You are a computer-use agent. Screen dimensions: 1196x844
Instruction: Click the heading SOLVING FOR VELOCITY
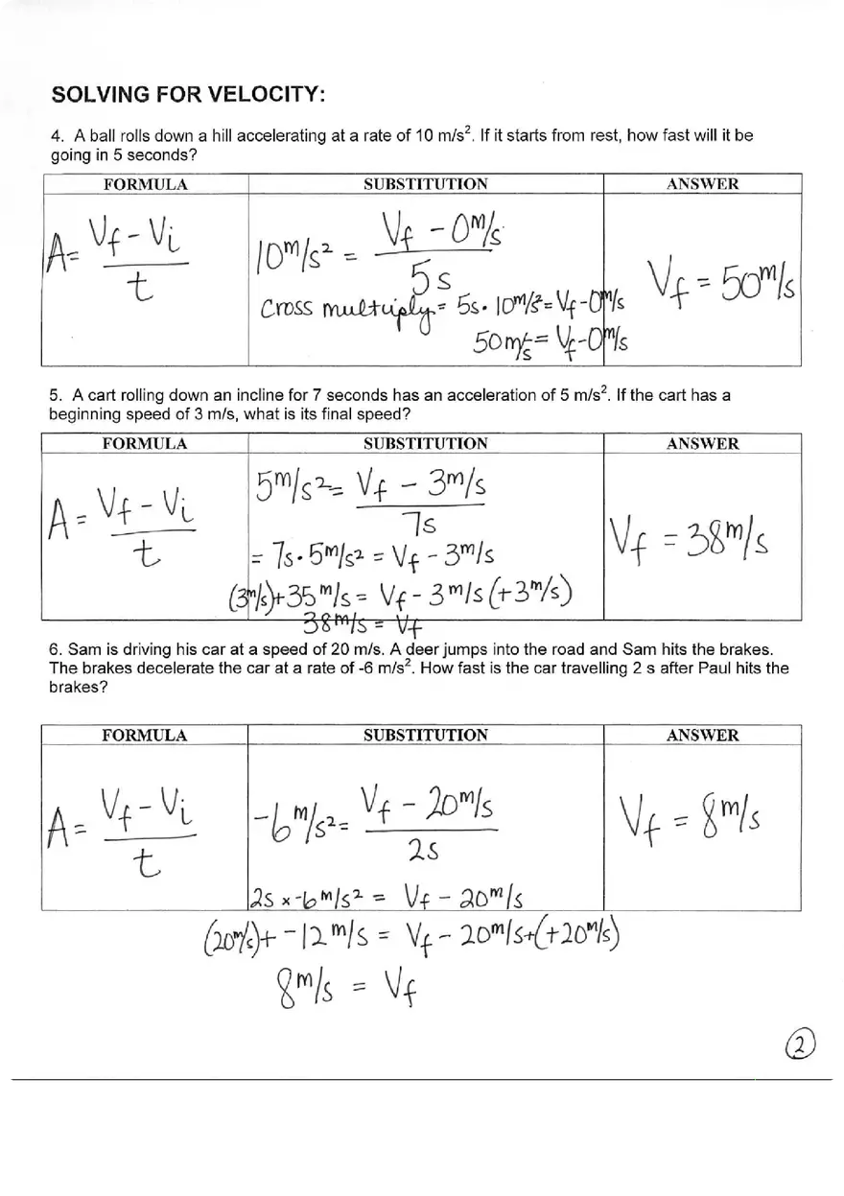188,95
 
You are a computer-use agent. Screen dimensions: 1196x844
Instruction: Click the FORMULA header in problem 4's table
145,185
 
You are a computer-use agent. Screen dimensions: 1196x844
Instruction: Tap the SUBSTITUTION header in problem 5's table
425,444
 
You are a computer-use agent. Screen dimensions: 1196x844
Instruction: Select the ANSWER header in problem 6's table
703,736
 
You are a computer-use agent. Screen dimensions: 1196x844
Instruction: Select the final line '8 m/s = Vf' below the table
335,985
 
